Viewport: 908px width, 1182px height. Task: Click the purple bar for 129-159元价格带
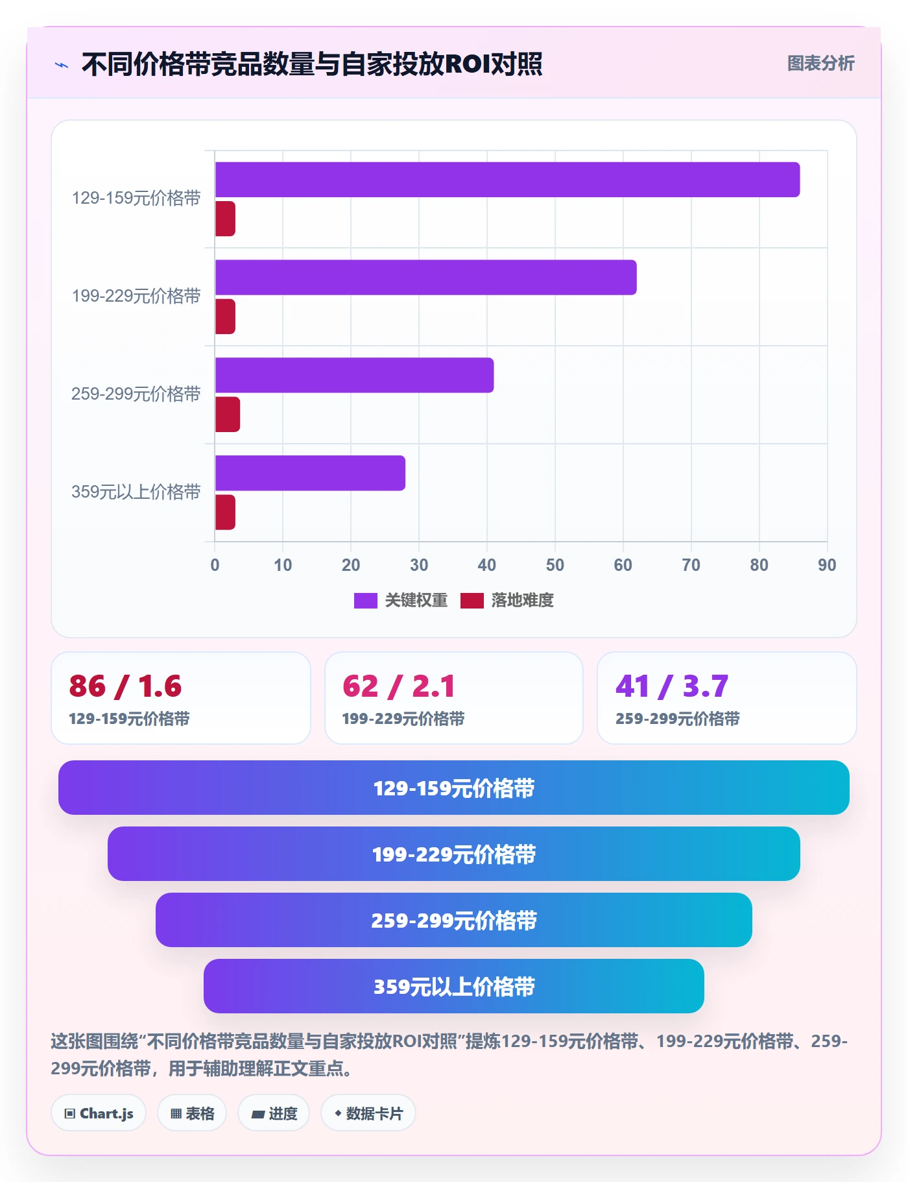[x=507, y=180]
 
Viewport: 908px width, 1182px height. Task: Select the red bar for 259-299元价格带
[x=228, y=415]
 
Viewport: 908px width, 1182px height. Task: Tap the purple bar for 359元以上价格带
[x=310, y=473]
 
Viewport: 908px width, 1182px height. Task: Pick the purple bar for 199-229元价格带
[x=425, y=278]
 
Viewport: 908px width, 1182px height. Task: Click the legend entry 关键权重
[x=401, y=601]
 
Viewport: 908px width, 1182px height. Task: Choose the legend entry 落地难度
[x=507, y=601]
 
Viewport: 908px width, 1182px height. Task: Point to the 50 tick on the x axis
[x=555, y=565]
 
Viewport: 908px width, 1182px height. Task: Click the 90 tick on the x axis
[x=827, y=565]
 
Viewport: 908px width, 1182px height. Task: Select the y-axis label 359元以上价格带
[x=136, y=492]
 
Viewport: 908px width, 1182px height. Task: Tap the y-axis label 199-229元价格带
[x=136, y=296]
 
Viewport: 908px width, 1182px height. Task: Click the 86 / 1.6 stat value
[x=125, y=686]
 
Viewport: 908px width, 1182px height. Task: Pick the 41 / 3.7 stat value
[x=672, y=686]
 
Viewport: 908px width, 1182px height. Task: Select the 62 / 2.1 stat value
[x=399, y=686]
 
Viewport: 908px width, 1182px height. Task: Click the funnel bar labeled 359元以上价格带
[x=454, y=986]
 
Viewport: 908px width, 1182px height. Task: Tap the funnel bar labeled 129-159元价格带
[x=454, y=788]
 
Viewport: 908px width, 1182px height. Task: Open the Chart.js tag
[x=99, y=1113]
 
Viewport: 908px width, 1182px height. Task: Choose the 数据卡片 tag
[x=368, y=1113]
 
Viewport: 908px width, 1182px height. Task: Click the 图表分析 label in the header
[x=820, y=64]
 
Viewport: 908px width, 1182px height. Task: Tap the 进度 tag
[x=274, y=1113]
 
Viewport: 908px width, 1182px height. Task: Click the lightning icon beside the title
[x=62, y=65]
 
